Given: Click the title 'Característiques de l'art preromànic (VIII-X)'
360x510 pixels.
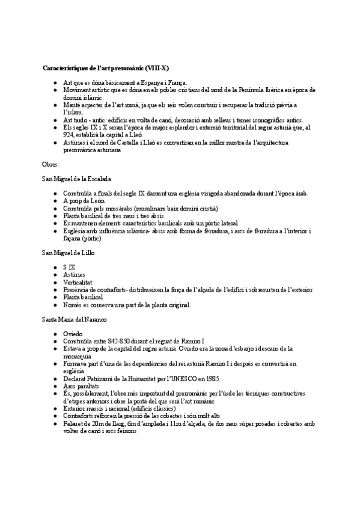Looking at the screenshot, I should (109, 67).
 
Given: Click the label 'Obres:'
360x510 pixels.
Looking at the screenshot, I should (51, 164).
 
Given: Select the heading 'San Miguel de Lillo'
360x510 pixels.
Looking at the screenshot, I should (68, 253).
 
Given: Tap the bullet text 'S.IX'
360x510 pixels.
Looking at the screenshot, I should (69, 267).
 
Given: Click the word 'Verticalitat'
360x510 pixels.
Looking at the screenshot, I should (79, 282).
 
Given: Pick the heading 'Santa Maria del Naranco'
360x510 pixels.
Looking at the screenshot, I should (75, 319).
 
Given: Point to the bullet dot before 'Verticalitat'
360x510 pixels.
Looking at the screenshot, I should (55, 282).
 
